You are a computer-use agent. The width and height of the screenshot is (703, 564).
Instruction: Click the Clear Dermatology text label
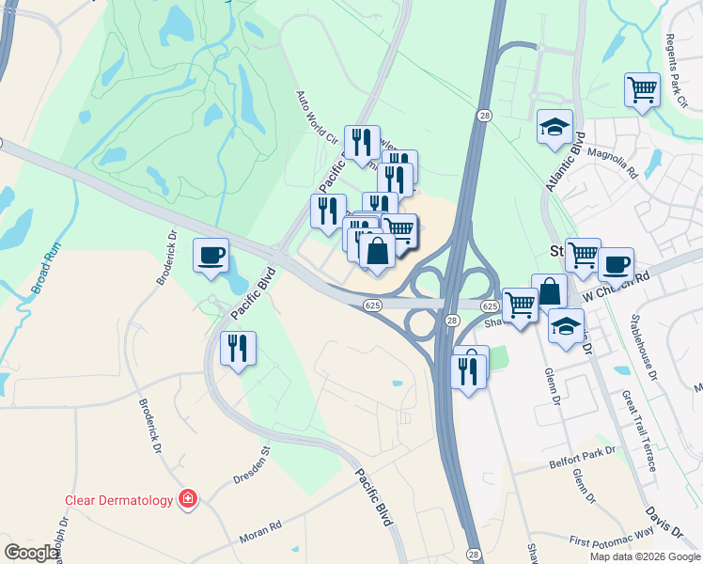pyautogui.click(x=118, y=500)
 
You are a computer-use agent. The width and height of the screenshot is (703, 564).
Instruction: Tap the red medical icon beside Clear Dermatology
pyautogui.click(x=188, y=498)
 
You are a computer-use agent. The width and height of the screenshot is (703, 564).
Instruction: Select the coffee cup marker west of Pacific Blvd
pyautogui.click(x=211, y=255)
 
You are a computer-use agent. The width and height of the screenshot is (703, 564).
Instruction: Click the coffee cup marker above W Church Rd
pyautogui.click(x=616, y=264)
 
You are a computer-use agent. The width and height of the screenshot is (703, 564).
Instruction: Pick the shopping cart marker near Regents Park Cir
pyautogui.click(x=642, y=91)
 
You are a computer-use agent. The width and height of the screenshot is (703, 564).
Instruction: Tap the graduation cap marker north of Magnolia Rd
pyautogui.click(x=555, y=127)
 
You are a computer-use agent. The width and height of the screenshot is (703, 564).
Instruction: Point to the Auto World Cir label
pyautogui.click(x=316, y=117)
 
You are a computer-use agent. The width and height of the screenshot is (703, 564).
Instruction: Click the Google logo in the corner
pyautogui.click(x=31, y=553)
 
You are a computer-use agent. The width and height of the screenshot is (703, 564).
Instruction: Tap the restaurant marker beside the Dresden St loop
pyautogui.click(x=237, y=349)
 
